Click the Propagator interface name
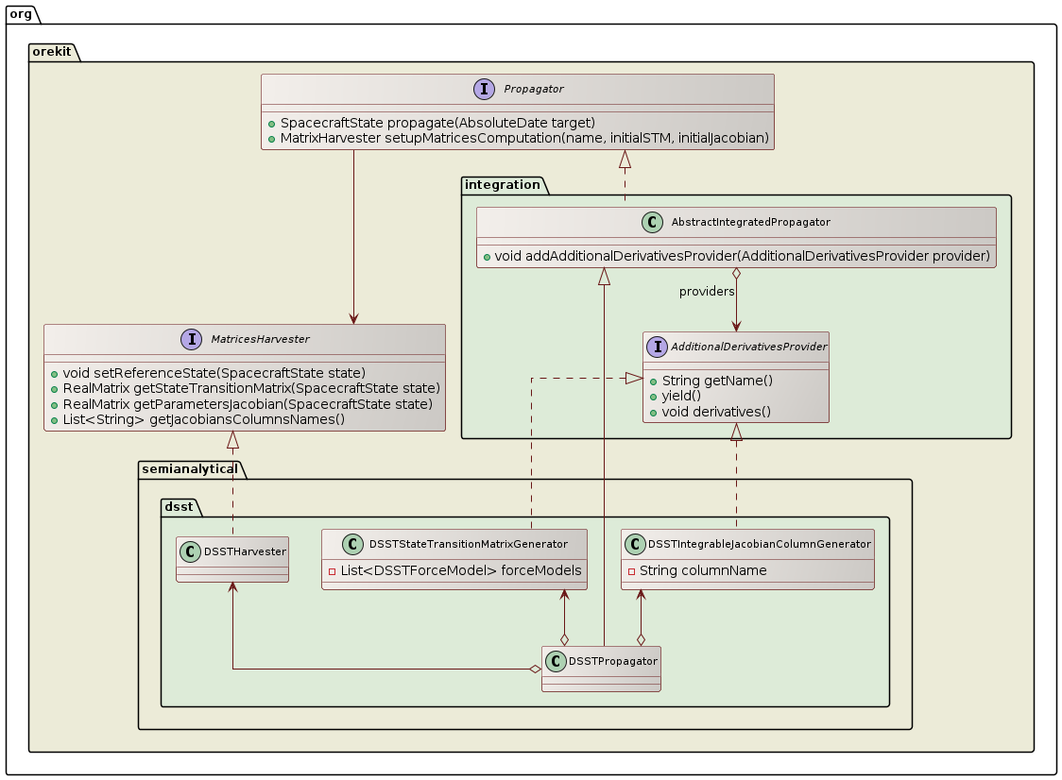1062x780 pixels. coord(533,89)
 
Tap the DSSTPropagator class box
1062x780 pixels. coord(601,669)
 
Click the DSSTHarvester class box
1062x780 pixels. coord(232,559)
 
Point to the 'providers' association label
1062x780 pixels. coord(707,291)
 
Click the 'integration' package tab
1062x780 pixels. coord(502,184)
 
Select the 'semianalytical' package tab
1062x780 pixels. coord(190,468)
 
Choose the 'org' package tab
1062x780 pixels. coord(20,13)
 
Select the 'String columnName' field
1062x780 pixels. coord(696,570)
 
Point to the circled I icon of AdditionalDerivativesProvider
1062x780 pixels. coord(655,347)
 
